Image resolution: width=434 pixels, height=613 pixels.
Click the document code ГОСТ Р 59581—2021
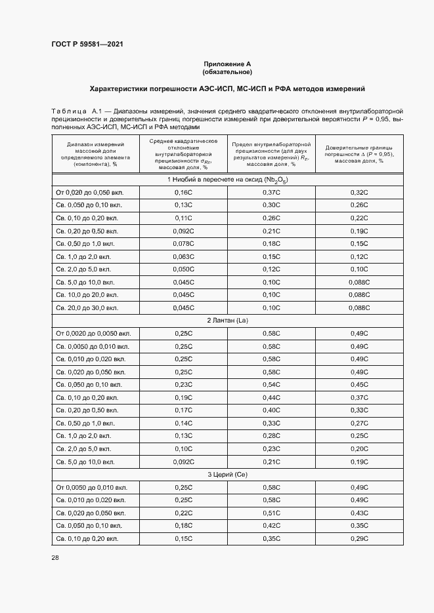coord(87,44)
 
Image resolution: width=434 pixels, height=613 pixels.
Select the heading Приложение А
coord(227,64)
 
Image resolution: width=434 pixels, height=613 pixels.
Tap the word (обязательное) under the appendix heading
coord(227,71)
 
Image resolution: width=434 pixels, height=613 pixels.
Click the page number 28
coord(55,557)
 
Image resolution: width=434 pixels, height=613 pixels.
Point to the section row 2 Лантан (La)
coord(227,320)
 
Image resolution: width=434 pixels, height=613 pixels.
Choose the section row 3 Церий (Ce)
coord(227,474)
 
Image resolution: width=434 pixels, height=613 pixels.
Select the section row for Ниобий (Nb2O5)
coord(227,180)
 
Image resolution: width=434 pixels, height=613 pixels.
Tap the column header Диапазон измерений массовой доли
coord(96,154)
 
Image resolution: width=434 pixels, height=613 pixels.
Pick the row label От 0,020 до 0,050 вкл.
coord(89,193)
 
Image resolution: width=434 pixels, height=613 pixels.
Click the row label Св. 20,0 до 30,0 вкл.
coord(87,307)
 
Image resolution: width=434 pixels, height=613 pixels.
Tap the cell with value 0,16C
coord(183,193)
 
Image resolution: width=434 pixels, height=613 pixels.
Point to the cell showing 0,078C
coord(183,244)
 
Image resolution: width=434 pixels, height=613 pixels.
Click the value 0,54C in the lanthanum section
coord(271,384)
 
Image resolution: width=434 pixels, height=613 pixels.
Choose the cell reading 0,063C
coord(183,256)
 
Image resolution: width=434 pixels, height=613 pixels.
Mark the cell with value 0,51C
coord(271,513)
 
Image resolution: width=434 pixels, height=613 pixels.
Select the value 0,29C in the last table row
coord(358,538)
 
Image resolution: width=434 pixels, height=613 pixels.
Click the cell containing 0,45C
coord(358,384)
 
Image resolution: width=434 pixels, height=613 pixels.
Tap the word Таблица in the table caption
coord(69,112)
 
